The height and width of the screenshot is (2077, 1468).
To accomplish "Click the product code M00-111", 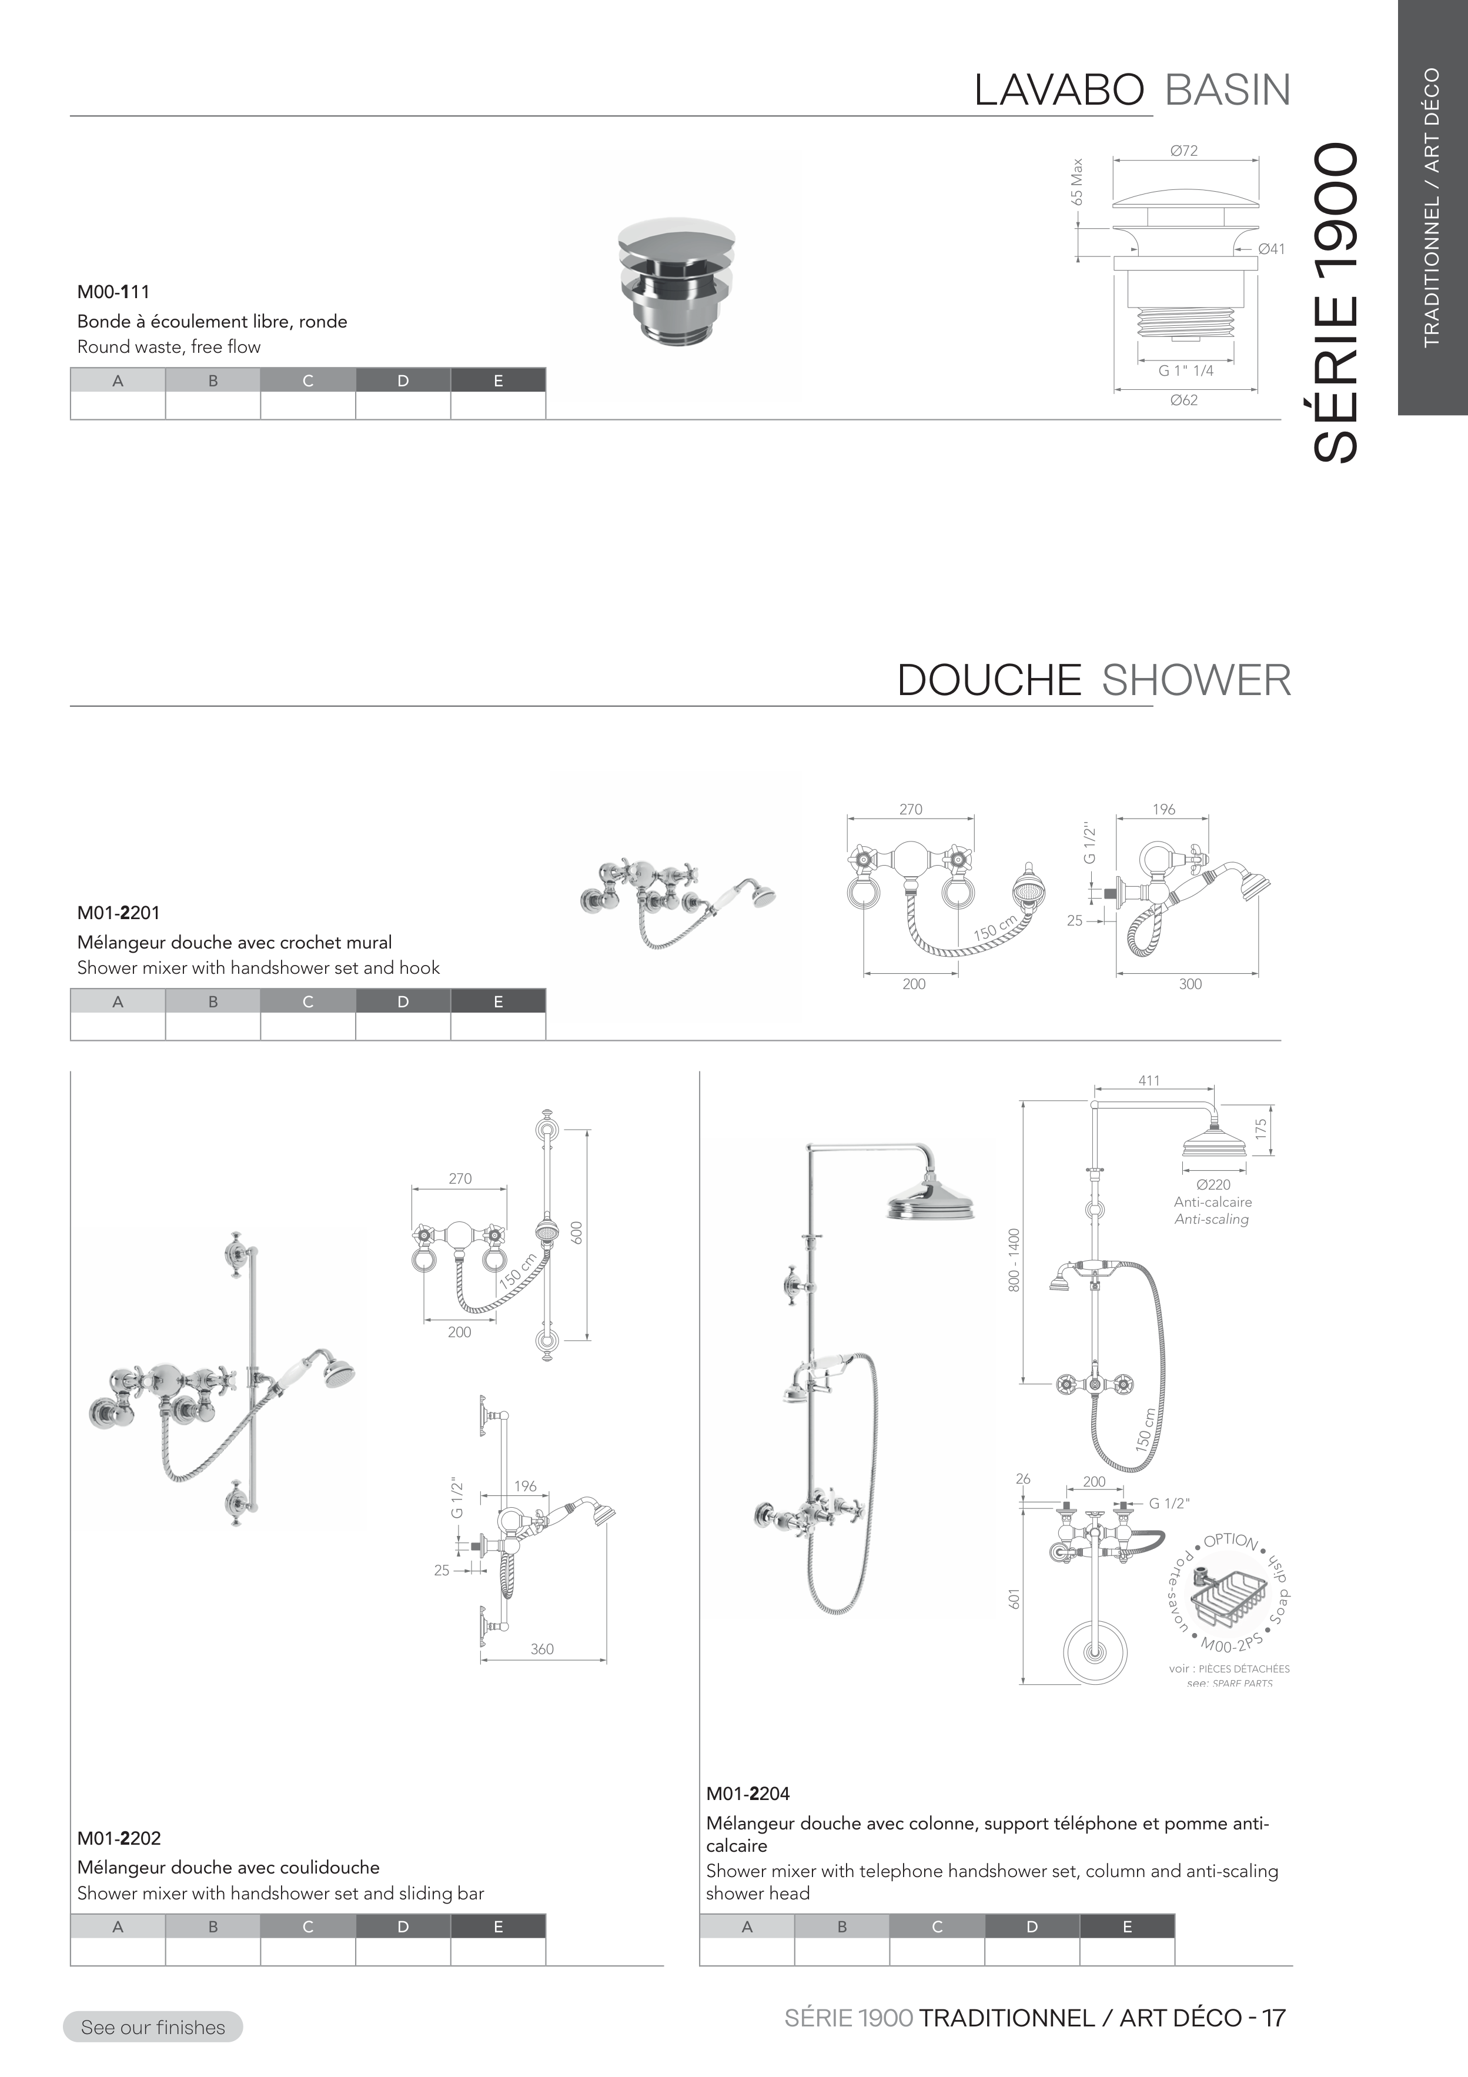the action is click(x=113, y=292).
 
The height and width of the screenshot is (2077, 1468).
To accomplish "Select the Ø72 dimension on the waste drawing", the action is click(x=1183, y=151).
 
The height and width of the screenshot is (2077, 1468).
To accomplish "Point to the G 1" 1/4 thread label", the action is click(x=1186, y=371).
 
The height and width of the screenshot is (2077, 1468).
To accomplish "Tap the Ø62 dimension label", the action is click(x=1183, y=400).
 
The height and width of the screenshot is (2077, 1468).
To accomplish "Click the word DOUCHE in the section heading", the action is click(x=989, y=680).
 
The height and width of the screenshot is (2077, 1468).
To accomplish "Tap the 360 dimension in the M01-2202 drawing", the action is click(x=542, y=1649).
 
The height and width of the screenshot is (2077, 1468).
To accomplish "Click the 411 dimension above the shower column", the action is click(x=1149, y=1080).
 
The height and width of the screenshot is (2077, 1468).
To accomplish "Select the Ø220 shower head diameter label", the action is click(x=1213, y=1184).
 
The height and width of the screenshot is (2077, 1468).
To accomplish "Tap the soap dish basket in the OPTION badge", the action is click(x=1226, y=1606).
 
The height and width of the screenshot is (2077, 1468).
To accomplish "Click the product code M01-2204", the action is click(x=748, y=1793).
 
